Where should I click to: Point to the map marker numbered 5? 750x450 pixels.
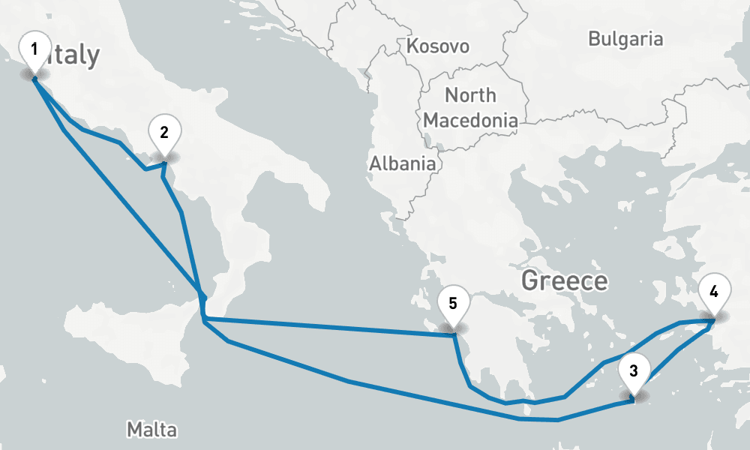[x=452, y=304]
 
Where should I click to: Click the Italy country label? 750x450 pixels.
[x=71, y=55]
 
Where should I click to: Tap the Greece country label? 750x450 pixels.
[x=564, y=281]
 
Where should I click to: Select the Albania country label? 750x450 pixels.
[x=402, y=163]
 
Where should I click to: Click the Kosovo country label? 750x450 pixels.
[x=437, y=46]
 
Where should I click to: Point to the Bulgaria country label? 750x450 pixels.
[x=625, y=39]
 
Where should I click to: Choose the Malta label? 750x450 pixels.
[x=151, y=430]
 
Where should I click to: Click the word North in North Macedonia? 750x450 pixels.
[x=470, y=95]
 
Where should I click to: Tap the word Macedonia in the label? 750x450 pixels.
[x=470, y=120]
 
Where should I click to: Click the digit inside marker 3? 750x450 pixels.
[x=634, y=370]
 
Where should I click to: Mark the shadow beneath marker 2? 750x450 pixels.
[x=164, y=157]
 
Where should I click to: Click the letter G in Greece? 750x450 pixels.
[x=530, y=281]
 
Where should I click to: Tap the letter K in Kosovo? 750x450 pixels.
[x=412, y=46]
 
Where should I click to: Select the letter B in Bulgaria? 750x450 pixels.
[x=594, y=39]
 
